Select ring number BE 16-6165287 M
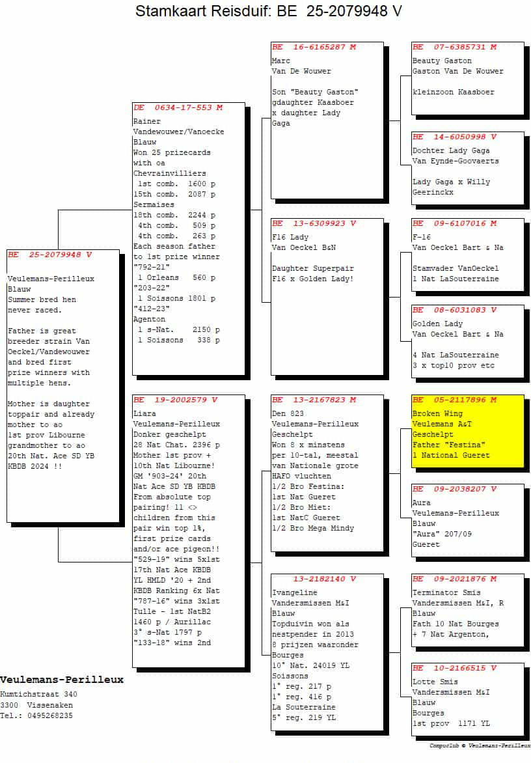pyautogui.click(x=314, y=47)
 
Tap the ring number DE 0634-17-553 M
pyautogui.click(x=178, y=107)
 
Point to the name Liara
pyautogui.click(x=144, y=413)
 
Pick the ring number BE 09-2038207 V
pyautogui.click(x=454, y=489)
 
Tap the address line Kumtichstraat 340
pyautogui.click(x=38, y=695)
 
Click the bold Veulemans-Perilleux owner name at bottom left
pyautogui.click(x=62, y=680)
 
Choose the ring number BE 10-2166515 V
pyautogui.click(x=454, y=668)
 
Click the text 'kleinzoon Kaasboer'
pyautogui.click(x=453, y=92)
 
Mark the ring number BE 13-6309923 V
pyautogui.click(x=314, y=223)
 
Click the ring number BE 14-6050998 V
pyautogui.click(x=454, y=137)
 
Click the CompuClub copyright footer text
pyautogui.click(x=480, y=746)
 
